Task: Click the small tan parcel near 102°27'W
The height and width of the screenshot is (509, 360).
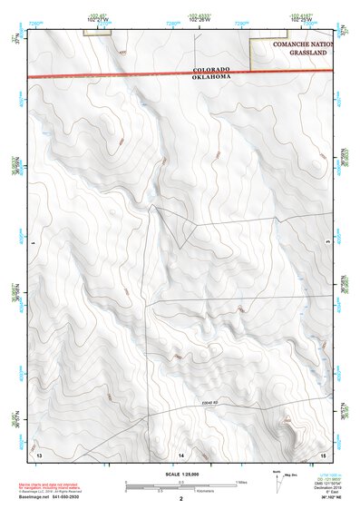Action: [x=96, y=33]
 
